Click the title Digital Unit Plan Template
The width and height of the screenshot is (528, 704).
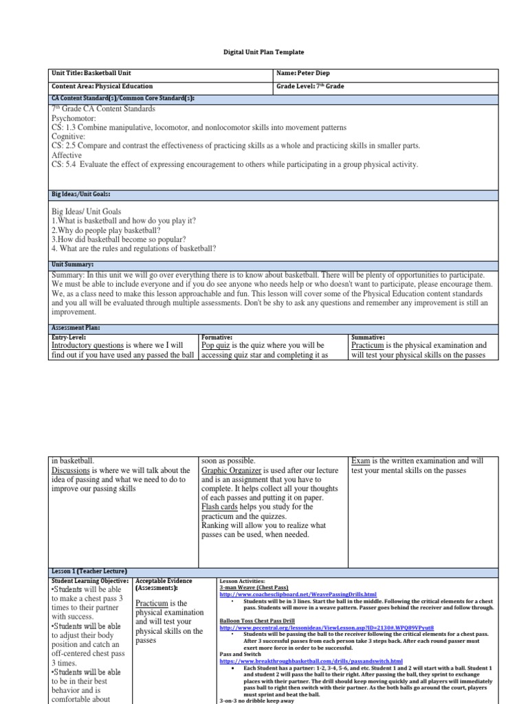pos(264,52)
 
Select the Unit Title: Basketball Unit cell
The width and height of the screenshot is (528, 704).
pos(91,73)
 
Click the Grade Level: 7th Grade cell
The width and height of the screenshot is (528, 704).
pos(310,87)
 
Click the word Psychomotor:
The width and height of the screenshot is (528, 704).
pos(76,118)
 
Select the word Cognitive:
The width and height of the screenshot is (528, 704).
pos(69,137)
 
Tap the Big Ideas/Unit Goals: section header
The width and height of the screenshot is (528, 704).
pos(81,195)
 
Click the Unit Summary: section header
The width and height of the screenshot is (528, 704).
pos(72,264)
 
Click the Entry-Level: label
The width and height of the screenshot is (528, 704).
pos(69,338)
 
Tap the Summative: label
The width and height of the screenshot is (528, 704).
pos(368,338)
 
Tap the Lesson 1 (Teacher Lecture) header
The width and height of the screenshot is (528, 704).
pos(88,571)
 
